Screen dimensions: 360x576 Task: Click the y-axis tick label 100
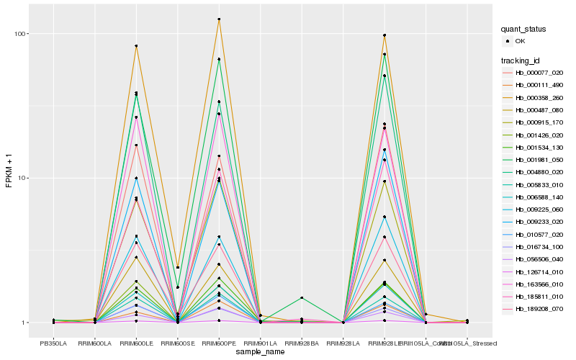point(21,34)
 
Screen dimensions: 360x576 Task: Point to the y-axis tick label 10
point(22,178)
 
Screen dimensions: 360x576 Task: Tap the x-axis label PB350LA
point(53,343)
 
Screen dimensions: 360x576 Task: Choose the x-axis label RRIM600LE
point(136,343)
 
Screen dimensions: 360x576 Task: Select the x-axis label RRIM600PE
point(219,343)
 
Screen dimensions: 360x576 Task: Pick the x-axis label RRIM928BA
point(302,343)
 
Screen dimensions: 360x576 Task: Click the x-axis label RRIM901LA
point(260,343)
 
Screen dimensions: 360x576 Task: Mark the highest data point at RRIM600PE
point(219,19)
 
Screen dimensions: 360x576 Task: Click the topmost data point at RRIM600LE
point(136,46)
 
